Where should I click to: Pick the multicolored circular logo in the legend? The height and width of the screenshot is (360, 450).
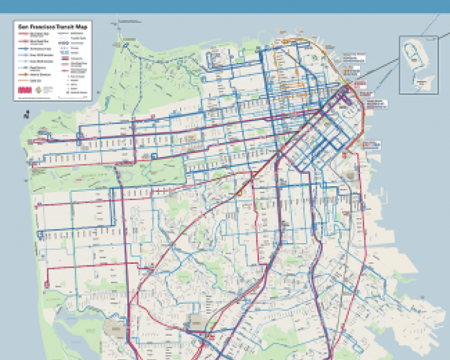click(38, 90)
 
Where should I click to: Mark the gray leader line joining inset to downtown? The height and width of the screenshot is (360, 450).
click(377, 73)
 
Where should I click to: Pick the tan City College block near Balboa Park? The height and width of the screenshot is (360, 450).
click(197, 322)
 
